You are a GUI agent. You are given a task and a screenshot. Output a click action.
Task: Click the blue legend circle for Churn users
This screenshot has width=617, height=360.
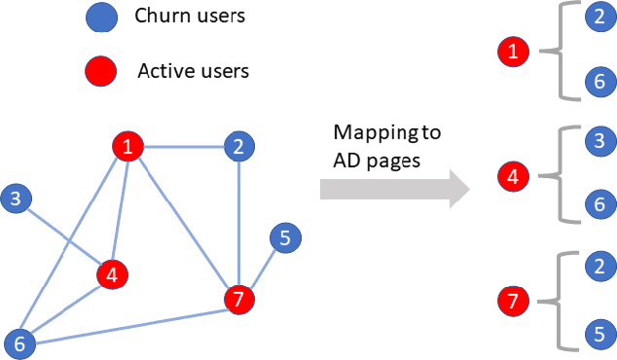coord(102,17)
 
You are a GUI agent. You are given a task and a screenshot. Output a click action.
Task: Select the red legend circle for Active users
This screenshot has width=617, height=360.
coord(102,70)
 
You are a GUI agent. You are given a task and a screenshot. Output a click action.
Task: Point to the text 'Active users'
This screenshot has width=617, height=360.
coord(193,70)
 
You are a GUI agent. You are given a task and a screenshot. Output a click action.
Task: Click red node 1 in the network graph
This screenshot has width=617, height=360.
coord(127,147)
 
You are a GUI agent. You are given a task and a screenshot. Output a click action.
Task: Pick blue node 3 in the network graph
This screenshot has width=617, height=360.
coord(16,200)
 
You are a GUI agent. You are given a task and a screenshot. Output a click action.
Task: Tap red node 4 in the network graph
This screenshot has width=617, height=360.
coord(113,273)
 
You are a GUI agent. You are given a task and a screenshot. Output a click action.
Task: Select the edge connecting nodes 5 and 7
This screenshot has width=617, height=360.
coord(260,269)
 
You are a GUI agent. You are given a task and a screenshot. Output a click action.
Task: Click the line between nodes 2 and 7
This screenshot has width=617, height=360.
coord(237,224)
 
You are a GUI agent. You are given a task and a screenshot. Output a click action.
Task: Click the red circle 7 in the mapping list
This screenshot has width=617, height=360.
coord(512,300)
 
